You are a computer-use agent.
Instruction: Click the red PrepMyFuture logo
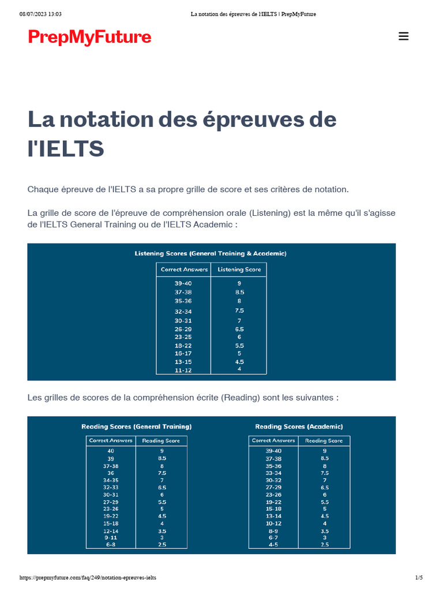click(89, 38)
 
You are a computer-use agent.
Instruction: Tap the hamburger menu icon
click(404, 36)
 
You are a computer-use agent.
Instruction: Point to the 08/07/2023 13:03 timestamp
click(40, 14)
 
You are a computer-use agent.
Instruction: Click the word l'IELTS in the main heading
click(66, 149)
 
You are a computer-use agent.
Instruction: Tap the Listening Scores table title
click(211, 253)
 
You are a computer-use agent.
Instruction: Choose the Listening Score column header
click(239, 270)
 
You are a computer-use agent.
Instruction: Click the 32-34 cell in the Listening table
click(183, 311)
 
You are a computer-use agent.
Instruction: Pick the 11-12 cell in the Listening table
click(183, 370)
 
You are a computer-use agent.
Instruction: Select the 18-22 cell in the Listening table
click(183, 345)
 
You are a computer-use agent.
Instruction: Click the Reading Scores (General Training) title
click(136, 427)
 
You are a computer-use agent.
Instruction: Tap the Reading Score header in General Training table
click(161, 441)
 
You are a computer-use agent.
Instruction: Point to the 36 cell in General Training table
click(110, 473)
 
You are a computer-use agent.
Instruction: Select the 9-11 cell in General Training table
click(110, 537)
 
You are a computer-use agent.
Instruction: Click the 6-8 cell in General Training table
click(110, 544)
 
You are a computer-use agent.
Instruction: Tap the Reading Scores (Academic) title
click(299, 427)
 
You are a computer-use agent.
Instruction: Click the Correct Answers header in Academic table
click(273, 440)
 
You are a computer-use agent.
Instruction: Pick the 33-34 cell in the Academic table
click(273, 473)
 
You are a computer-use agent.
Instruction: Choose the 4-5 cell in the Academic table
click(273, 544)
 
